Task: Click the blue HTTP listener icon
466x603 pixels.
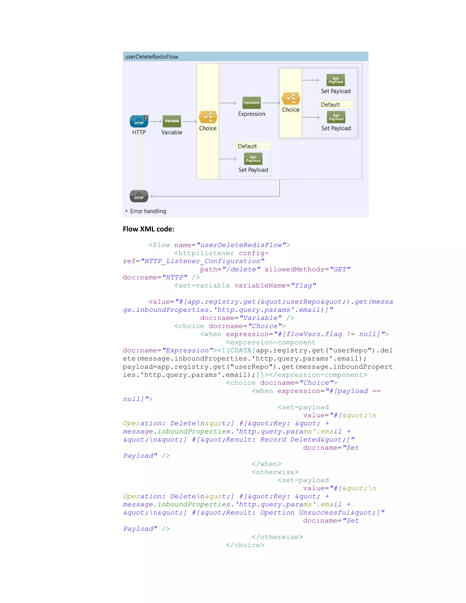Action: click(139, 121)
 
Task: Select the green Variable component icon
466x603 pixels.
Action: click(172, 121)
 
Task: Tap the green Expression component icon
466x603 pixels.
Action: click(251, 103)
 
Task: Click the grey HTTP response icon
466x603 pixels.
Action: click(139, 196)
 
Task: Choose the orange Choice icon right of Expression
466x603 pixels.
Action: click(291, 99)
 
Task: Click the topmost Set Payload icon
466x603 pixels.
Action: click(336, 80)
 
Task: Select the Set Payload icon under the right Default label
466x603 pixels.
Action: click(336, 117)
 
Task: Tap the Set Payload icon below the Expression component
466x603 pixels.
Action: click(253, 159)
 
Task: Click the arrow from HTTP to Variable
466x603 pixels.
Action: click(155, 121)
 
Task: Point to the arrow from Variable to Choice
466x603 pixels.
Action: click(190, 121)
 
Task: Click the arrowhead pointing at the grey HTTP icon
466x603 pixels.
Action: click(152, 196)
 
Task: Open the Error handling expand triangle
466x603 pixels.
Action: click(127, 211)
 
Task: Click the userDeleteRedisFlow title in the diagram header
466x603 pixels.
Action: click(152, 57)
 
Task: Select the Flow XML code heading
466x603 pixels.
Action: click(149, 229)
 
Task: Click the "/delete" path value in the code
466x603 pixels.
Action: click(241, 269)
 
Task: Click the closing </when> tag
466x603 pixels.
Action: click(266, 464)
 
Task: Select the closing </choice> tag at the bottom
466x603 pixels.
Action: click(245, 545)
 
